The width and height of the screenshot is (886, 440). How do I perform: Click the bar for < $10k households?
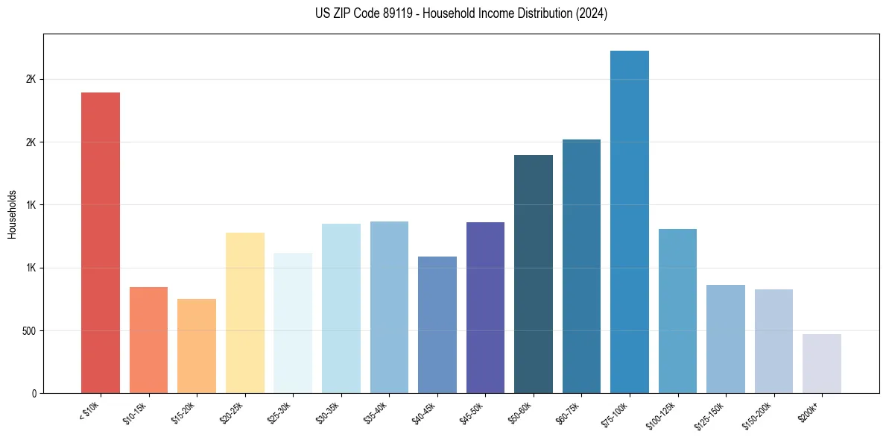[x=101, y=242]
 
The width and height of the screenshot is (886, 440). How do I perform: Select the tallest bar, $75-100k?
[x=630, y=221]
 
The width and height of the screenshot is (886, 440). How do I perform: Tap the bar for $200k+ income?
[x=822, y=363]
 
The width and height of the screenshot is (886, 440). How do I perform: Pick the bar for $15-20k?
[x=197, y=346]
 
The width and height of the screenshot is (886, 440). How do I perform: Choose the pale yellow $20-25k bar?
[x=245, y=312]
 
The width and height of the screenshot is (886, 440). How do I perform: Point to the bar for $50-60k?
[x=534, y=274]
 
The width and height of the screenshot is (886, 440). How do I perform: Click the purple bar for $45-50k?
[x=485, y=307]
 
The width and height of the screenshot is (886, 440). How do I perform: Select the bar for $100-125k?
[x=677, y=311]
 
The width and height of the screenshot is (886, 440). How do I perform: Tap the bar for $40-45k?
[x=437, y=324]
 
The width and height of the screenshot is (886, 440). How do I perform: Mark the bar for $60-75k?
[x=581, y=266]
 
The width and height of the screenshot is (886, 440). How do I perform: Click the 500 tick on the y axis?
[x=28, y=330]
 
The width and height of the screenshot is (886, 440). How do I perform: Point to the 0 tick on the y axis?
[x=34, y=393]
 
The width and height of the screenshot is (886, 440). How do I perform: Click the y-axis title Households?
[x=12, y=214]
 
